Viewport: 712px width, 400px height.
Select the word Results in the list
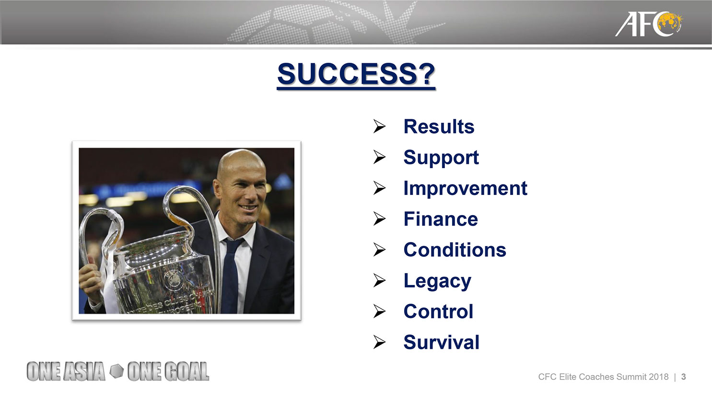(x=439, y=126)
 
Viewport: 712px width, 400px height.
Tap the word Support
(x=441, y=158)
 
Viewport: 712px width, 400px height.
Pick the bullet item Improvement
(x=466, y=188)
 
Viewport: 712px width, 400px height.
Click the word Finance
(x=441, y=219)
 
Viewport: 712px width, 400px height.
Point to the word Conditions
(x=455, y=250)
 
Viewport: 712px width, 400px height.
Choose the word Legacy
(x=437, y=281)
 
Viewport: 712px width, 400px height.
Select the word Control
(x=438, y=311)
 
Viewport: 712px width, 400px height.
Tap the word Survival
(x=441, y=342)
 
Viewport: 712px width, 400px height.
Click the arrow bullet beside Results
(x=380, y=126)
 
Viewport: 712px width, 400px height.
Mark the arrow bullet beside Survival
(x=380, y=342)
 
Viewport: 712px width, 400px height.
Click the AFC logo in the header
(x=649, y=24)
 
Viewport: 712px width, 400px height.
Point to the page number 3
(x=683, y=377)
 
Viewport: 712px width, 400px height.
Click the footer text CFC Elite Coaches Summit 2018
(x=603, y=377)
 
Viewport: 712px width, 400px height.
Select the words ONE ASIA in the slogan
(x=66, y=371)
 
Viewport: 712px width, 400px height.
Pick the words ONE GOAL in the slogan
(x=168, y=371)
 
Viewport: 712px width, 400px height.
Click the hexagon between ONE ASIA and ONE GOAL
(x=117, y=371)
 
